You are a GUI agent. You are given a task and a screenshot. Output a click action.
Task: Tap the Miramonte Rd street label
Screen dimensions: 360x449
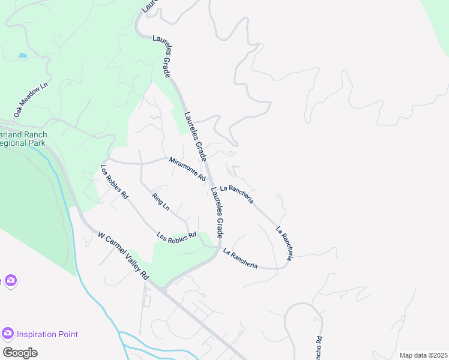point(187,169)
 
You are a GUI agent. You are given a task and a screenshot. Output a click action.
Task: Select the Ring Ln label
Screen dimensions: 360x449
point(161,202)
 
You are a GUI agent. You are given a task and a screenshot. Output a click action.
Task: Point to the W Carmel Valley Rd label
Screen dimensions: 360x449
point(123,257)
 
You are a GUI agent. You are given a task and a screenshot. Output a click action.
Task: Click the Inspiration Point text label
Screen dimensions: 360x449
point(47,334)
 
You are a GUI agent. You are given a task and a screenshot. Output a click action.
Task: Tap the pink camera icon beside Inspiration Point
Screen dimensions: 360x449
point(8,333)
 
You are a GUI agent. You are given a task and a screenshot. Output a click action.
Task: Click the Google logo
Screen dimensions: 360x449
point(20,353)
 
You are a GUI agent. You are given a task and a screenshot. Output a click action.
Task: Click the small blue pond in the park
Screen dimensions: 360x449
point(23,55)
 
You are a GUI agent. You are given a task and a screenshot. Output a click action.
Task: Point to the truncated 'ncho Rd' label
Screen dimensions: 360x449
point(318,347)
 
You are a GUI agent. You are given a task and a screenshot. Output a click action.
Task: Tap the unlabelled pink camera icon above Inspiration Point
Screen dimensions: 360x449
point(10,281)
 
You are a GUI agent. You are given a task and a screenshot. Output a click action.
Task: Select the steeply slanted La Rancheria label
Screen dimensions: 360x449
point(285,243)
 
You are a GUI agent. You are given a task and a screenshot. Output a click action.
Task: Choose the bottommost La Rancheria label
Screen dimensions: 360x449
point(240,259)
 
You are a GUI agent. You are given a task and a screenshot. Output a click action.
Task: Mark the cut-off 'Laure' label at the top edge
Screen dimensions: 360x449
point(148,6)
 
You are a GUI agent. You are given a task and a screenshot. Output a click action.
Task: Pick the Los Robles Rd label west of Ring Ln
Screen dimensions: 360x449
point(114,182)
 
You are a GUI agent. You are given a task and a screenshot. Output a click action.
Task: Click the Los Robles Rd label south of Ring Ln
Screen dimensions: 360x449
point(176,236)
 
